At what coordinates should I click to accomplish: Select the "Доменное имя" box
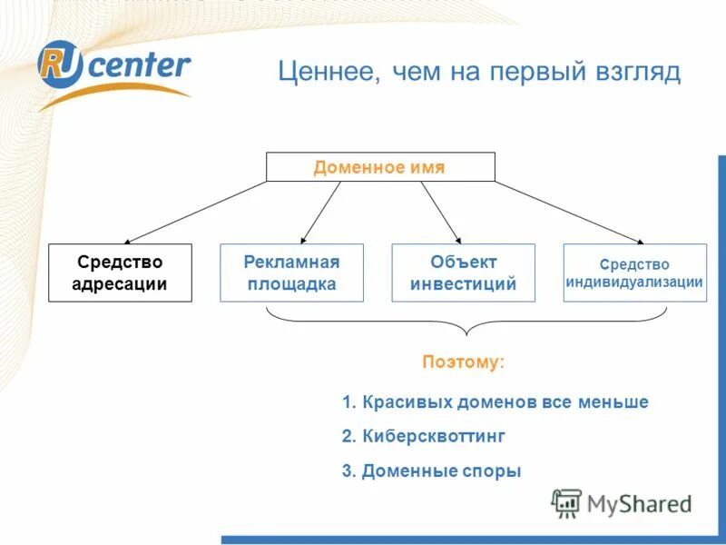click(379, 167)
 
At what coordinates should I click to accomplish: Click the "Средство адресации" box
click(120, 272)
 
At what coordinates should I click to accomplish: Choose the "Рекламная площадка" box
click(291, 272)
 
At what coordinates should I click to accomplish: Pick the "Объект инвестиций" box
click(463, 272)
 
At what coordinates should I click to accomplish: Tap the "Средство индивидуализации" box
click(634, 272)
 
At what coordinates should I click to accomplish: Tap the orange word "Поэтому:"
click(463, 362)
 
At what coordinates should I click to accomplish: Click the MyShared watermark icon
click(566, 502)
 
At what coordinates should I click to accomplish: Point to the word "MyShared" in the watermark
click(639, 503)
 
